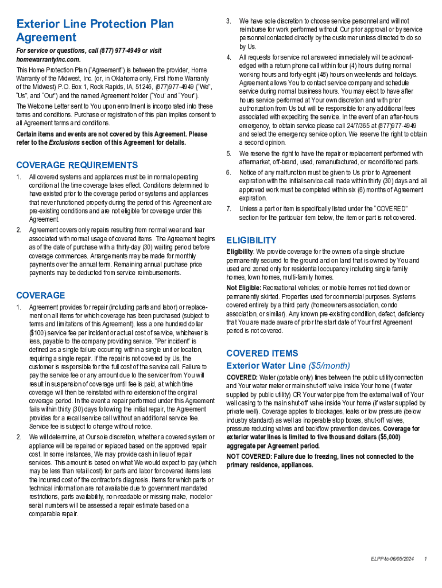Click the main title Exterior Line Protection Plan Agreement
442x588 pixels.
tap(95, 30)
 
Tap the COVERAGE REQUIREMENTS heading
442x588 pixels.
tap(77, 165)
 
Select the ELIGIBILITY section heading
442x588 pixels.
tap(251, 240)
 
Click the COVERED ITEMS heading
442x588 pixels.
tap(262, 353)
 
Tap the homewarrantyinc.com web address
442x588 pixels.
tap(48, 59)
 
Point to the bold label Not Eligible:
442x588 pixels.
tap(245, 288)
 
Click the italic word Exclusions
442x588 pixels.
tap(64, 142)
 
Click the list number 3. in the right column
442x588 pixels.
tap(228, 21)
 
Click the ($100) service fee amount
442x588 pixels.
tap(40, 332)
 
